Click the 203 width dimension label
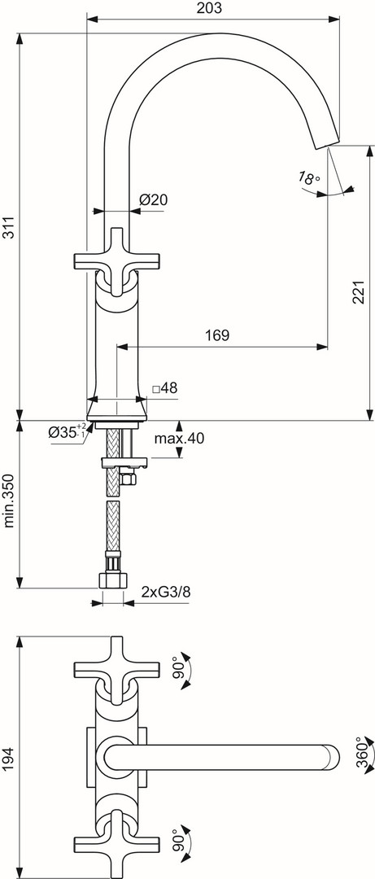click(210, 8)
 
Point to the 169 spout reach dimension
click(217, 335)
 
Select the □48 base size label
click(164, 388)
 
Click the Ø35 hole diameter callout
click(68, 431)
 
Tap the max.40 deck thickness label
click(180, 439)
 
